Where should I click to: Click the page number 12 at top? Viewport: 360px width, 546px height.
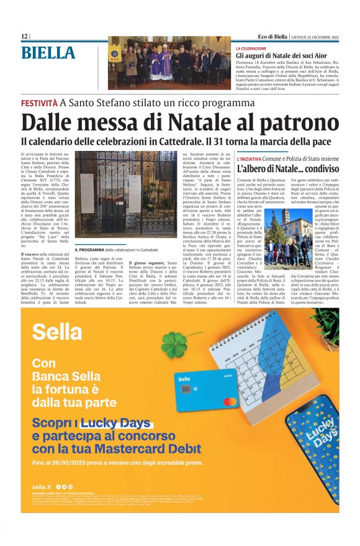click(x=24, y=37)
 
